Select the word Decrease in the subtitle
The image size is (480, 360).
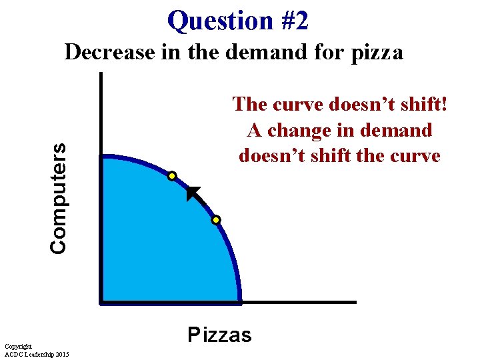[x=109, y=52]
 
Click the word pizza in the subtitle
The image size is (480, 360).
[x=376, y=52]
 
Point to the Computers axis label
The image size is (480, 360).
[x=59, y=198]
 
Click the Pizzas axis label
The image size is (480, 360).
[x=219, y=335]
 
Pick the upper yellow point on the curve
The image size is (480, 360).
[x=172, y=176]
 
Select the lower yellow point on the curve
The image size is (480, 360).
[x=216, y=219]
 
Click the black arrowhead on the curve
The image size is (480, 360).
[x=193, y=194]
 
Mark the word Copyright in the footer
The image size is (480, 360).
[x=18, y=346]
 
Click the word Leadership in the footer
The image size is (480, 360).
[x=41, y=353]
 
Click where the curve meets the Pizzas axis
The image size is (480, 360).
[x=239, y=301]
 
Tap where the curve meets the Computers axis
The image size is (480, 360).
[x=101, y=157]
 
